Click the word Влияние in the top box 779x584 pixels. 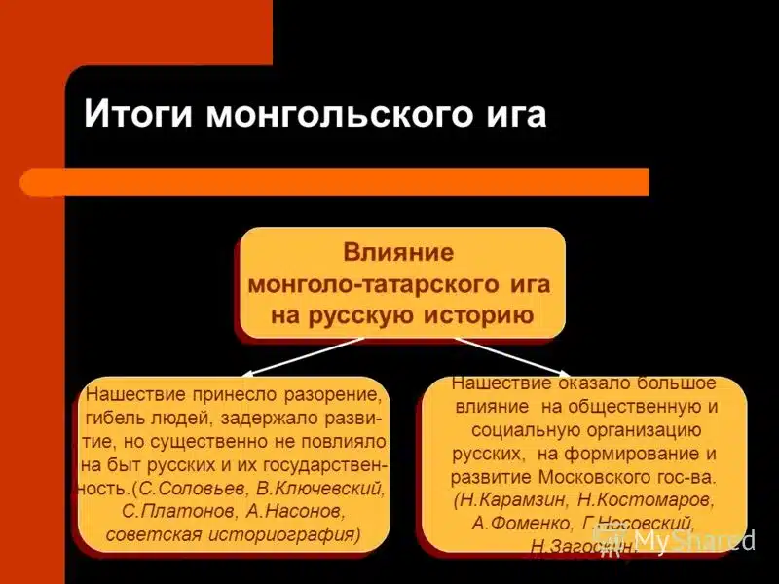click(398, 253)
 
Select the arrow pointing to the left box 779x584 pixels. click(303, 356)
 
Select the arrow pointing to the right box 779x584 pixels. click(511, 356)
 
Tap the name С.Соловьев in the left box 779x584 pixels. click(192, 488)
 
